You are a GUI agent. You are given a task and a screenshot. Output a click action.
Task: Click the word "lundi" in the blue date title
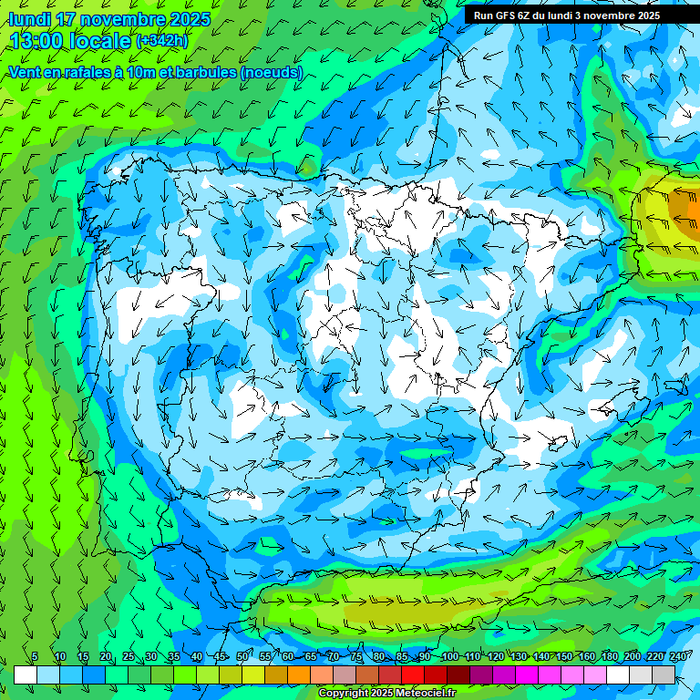[29, 19]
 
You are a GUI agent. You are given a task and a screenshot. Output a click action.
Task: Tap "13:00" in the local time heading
[39, 40]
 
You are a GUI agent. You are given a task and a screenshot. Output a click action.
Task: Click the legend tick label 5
[35, 657]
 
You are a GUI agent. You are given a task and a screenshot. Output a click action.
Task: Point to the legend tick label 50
[242, 657]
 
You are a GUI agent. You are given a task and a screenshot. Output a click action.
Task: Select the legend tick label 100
[449, 657]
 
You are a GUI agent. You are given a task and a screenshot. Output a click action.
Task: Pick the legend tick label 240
[678, 657]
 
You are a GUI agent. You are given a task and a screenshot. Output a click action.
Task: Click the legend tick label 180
[609, 657]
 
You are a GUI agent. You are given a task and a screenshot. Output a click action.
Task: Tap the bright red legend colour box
[413, 674]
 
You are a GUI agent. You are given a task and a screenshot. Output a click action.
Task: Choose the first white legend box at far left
[26, 674]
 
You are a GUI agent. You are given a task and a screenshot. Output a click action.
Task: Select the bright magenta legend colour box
[527, 674]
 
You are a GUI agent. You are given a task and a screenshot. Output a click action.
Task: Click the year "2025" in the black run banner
[648, 15]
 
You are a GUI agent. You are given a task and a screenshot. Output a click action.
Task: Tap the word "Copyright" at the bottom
[343, 694]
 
